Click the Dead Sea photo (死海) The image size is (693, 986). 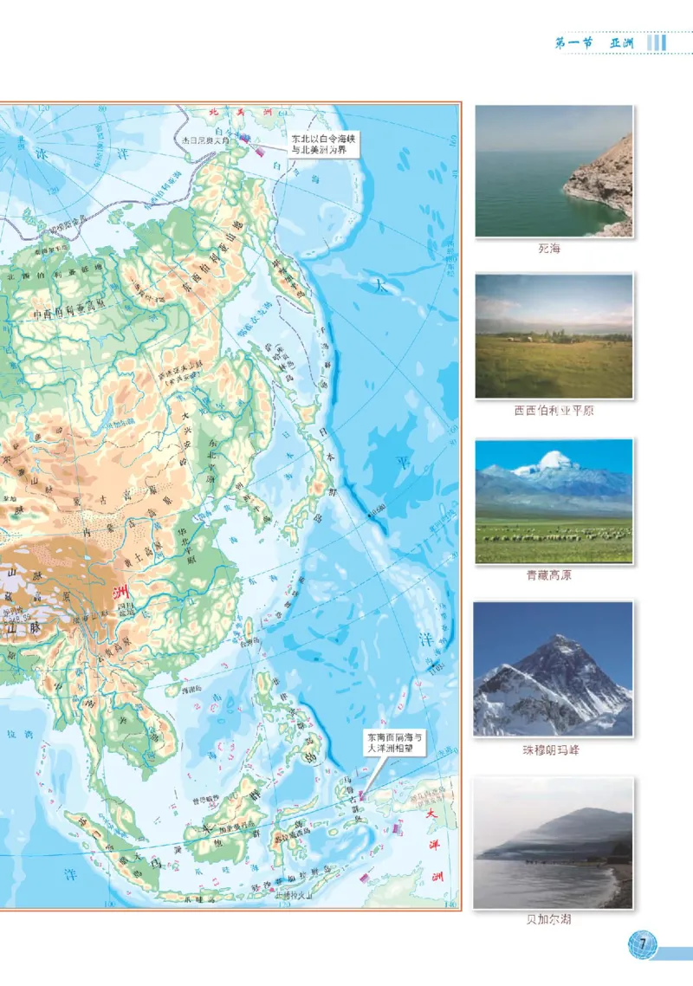click(554, 171)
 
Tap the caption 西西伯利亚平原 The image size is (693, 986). click(554, 411)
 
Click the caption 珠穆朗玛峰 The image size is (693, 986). click(554, 750)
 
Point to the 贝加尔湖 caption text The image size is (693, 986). click(554, 919)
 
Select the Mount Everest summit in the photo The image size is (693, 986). click(564, 639)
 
